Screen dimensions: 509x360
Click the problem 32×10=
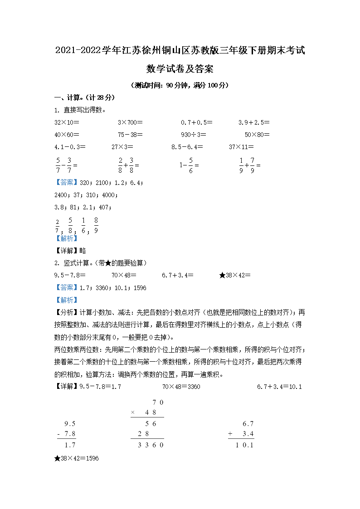67,122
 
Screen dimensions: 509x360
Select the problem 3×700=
130,122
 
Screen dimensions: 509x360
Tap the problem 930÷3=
194,135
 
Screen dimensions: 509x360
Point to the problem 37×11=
241,147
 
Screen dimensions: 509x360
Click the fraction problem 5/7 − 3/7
66,165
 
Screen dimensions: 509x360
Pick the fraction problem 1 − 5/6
189,165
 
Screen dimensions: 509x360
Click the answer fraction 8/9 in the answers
96,225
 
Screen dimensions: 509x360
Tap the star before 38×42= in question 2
222,276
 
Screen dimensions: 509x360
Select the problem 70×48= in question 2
124,276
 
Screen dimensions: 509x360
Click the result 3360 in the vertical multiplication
151,446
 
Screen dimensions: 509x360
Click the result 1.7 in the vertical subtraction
70,446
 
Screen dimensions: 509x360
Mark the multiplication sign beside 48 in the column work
133,412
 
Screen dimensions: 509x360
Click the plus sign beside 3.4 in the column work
230,434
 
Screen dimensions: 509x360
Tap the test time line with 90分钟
180,85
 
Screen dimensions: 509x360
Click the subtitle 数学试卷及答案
180,69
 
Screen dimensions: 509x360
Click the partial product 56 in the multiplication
151,424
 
